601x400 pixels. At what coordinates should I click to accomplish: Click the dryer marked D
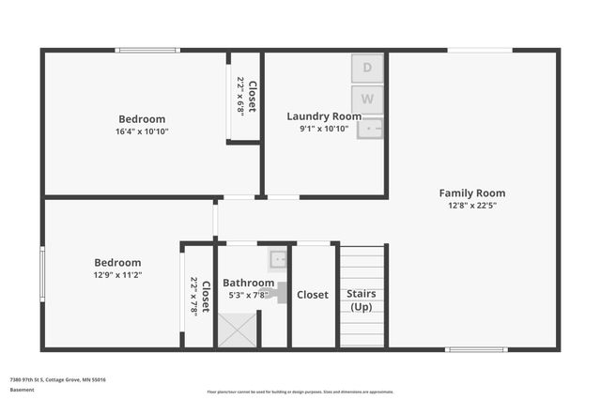(x=368, y=68)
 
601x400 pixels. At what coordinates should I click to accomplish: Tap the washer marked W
(x=368, y=99)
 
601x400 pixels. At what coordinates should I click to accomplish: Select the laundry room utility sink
(x=370, y=126)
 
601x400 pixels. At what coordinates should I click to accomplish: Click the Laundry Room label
(x=324, y=116)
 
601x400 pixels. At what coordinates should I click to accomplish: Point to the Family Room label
(x=472, y=193)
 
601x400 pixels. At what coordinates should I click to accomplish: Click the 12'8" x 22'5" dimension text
(x=472, y=205)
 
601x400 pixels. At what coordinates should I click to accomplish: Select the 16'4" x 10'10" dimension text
(x=142, y=131)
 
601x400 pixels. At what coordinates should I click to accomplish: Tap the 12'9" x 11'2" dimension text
(x=117, y=275)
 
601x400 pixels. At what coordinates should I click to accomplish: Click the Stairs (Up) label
(x=362, y=300)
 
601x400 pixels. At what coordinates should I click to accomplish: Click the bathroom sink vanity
(x=278, y=260)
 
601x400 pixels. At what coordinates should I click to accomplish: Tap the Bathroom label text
(x=248, y=283)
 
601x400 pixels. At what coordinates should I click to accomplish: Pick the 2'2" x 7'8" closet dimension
(x=194, y=296)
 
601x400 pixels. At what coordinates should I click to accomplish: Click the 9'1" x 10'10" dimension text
(x=324, y=129)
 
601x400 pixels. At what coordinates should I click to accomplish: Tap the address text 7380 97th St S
(x=57, y=379)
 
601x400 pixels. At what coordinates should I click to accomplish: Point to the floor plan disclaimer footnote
(x=300, y=392)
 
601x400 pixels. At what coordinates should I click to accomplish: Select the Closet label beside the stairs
(x=313, y=295)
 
